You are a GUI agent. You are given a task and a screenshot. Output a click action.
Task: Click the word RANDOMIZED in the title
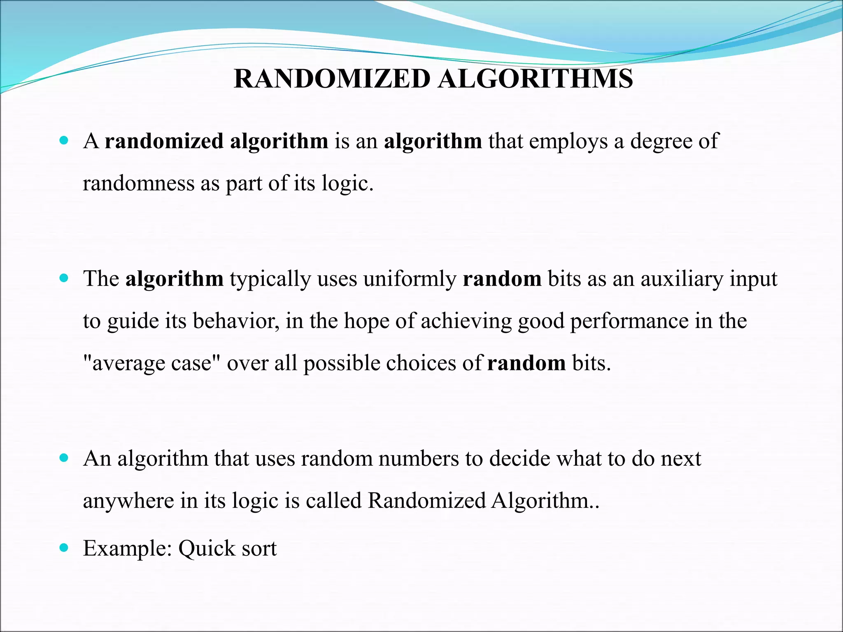point(332,79)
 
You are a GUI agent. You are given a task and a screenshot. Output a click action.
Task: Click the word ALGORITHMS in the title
point(535,79)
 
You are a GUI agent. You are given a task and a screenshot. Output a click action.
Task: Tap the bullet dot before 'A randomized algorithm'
point(63,140)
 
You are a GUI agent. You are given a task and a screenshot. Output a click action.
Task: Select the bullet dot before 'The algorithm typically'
point(63,278)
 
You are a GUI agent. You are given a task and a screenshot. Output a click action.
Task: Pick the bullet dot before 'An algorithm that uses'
point(63,458)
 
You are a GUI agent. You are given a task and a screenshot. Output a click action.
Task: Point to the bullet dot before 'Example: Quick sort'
point(63,548)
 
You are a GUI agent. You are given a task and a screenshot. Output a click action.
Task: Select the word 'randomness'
point(139,183)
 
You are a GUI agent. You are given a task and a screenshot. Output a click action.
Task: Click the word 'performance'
point(629,321)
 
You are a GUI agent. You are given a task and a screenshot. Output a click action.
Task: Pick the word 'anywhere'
point(128,501)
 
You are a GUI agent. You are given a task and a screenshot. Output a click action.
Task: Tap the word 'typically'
point(270,280)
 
